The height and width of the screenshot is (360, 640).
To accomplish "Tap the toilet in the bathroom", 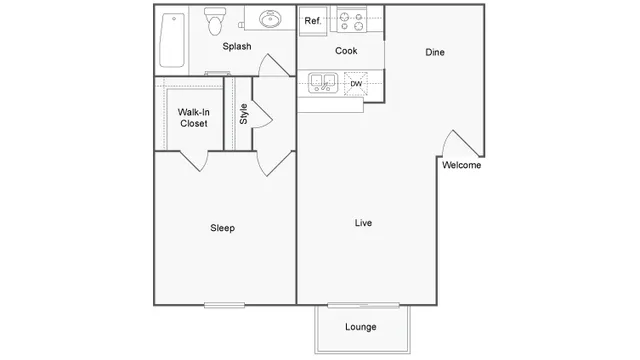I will point(214,20).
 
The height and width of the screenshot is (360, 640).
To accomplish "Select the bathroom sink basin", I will point(271,20).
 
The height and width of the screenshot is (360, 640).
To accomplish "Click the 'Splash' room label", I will point(236,46).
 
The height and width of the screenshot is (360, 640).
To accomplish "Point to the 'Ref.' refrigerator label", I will point(313,20).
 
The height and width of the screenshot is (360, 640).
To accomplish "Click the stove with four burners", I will point(351,20).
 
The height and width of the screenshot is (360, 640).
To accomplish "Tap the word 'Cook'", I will point(346,51).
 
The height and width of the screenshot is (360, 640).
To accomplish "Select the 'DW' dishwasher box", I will point(356,84).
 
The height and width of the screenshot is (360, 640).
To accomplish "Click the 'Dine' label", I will point(434,52).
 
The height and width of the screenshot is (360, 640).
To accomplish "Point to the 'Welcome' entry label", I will point(461,166).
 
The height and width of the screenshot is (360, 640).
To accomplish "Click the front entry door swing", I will point(458,145).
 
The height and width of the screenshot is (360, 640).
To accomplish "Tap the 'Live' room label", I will point(364,223).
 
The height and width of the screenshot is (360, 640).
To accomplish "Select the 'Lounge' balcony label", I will point(360,327).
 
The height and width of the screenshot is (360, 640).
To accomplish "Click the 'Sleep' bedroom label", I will point(222,228).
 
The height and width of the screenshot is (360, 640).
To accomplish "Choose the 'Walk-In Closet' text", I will point(193,118).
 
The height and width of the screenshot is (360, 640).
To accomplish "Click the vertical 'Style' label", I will point(243,113).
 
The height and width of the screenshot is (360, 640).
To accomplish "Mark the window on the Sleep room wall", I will point(224,304).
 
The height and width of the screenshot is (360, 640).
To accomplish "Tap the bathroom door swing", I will point(272,66).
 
